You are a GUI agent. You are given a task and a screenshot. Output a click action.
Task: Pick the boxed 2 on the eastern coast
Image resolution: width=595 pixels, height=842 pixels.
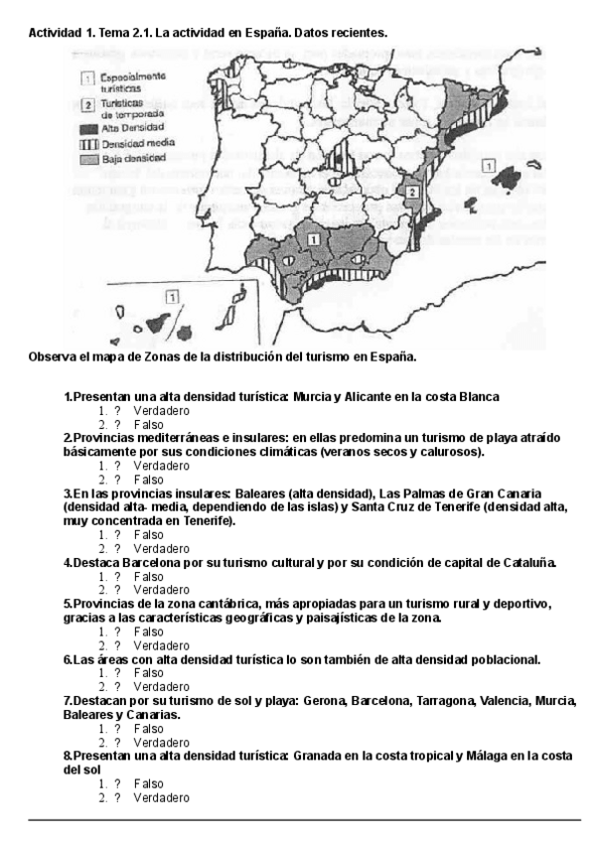[412, 189]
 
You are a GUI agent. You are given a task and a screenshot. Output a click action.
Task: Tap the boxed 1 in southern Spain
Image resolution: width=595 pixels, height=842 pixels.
[313, 238]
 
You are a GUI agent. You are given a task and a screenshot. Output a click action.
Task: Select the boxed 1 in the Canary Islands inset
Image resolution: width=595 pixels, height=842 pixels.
[172, 295]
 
